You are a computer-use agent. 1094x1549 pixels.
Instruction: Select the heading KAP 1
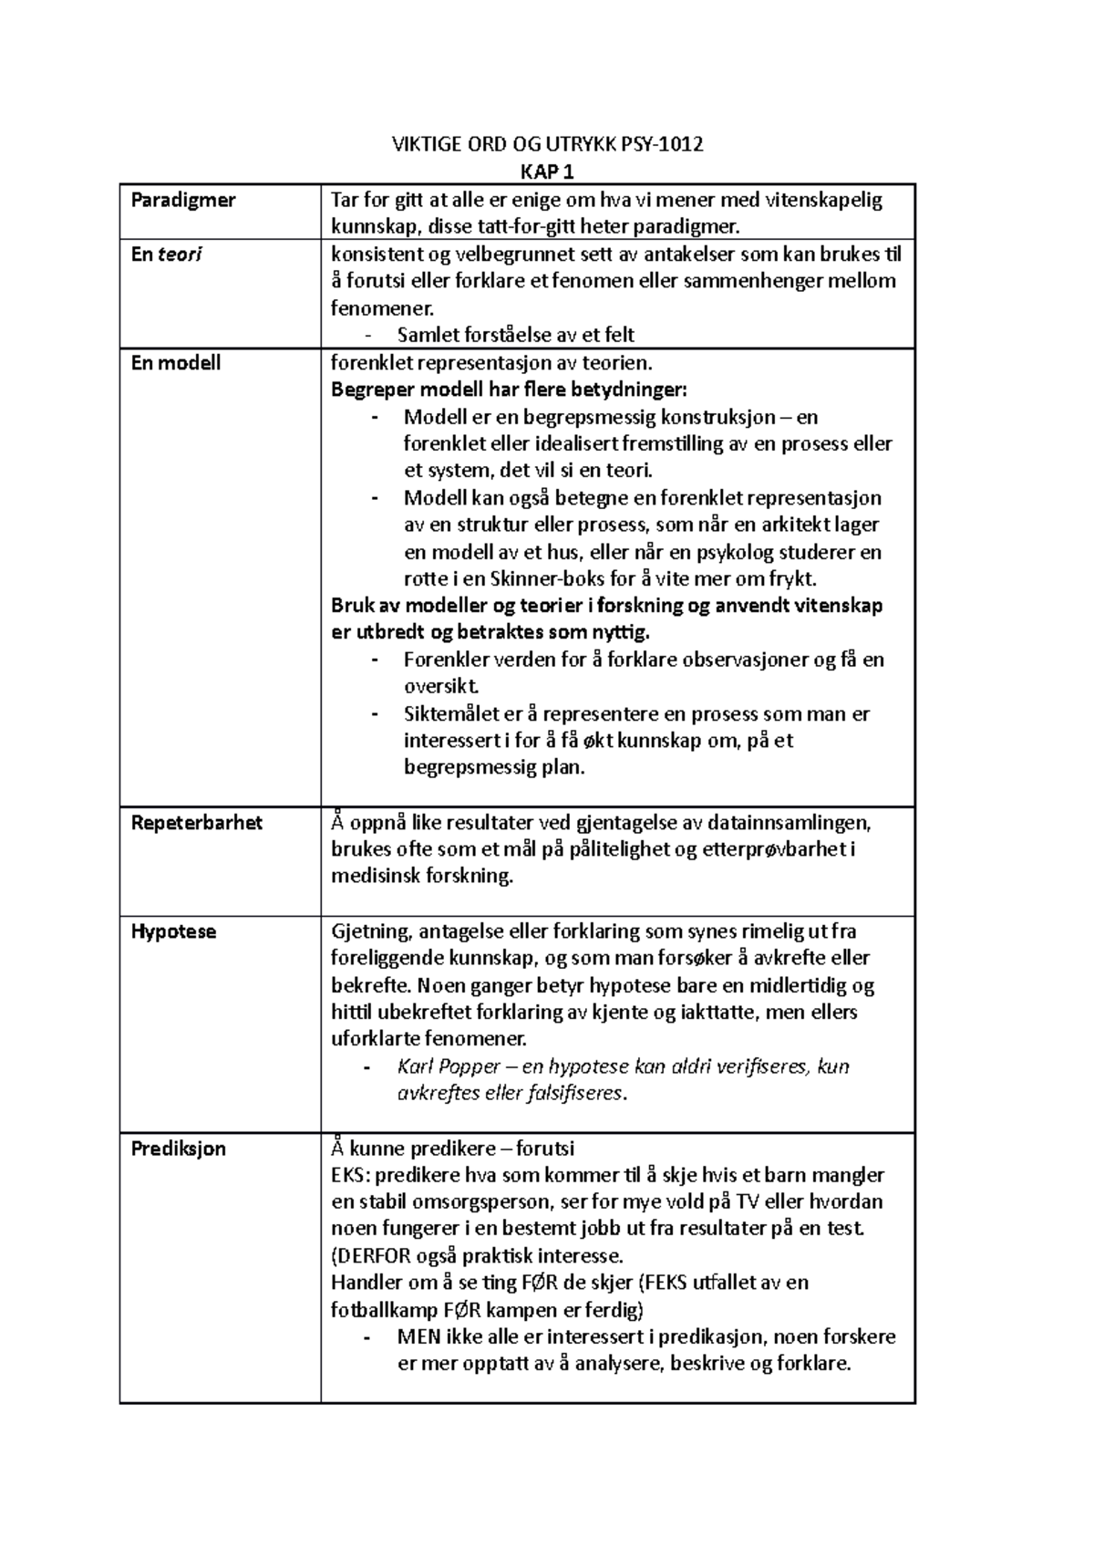[547, 172]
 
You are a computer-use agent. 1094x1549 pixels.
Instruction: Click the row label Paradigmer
[183, 200]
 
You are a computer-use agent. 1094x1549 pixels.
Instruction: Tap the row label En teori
[166, 255]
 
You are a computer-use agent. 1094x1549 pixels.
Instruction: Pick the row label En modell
[176, 363]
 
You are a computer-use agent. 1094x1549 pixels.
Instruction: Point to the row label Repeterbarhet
[196, 823]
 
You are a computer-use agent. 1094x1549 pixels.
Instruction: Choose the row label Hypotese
[173, 932]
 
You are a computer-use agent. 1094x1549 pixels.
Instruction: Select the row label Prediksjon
[178, 1149]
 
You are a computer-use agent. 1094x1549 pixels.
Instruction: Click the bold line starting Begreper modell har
[509, 390]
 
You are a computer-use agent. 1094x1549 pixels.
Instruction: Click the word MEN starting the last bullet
[418, 1337]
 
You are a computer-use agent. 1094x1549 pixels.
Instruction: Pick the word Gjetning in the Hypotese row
[370, 932]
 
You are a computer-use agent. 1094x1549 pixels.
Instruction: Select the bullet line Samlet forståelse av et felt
[515, 335]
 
